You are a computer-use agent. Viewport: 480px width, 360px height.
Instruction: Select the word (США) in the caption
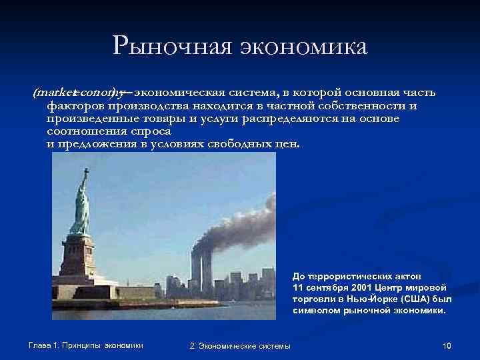413,299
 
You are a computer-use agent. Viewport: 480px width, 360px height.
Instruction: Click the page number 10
447,345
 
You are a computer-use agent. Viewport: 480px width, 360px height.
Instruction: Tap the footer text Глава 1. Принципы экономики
86,345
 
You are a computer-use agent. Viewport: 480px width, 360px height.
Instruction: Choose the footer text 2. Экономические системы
240,345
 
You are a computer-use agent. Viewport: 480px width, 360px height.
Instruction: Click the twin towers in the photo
201,269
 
